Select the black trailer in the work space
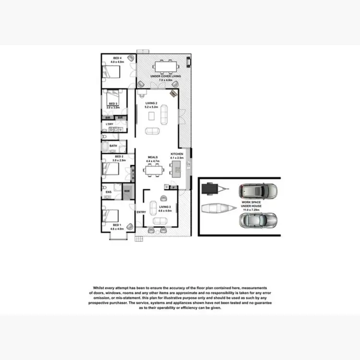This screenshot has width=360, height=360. pos(211,190)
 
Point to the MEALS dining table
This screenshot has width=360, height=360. pos(154,169)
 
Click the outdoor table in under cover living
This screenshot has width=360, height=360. pos(166,66)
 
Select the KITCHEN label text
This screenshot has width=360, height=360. pos(177,154)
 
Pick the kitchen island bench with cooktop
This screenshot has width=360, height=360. pos(178,168)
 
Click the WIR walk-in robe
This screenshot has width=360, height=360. pos(127,191)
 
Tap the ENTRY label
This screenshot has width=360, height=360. pos(141,212)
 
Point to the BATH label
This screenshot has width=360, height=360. pos(113,145)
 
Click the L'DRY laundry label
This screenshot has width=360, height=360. pos(110,124)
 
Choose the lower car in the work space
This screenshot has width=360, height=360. pos(258,220)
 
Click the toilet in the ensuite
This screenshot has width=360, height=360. pos(105,187)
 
